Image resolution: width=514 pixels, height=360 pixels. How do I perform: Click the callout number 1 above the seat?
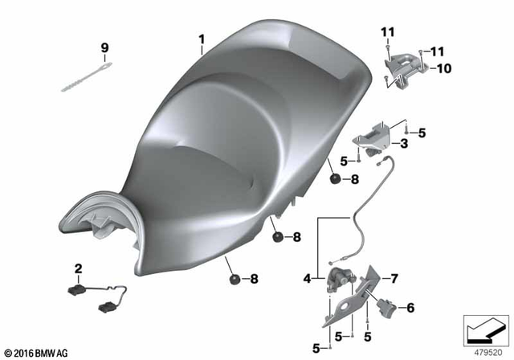202,39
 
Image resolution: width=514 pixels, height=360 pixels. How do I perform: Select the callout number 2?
79,268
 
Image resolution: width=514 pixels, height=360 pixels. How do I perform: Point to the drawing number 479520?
486,351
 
